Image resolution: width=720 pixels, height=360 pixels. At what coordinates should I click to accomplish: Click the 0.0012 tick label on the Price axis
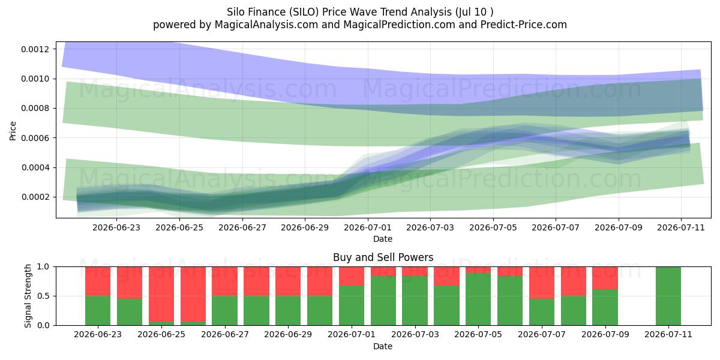[35, 49]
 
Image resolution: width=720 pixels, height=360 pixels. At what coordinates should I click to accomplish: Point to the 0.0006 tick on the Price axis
[35, 138]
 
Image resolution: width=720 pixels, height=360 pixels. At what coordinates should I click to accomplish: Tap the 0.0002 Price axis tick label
[35, 197]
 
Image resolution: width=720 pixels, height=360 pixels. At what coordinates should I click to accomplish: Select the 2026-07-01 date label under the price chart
[368, 227]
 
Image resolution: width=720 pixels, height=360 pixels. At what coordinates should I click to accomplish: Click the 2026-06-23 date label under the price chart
[116, 227]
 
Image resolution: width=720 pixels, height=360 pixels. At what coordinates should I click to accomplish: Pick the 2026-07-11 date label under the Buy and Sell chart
[668, 334]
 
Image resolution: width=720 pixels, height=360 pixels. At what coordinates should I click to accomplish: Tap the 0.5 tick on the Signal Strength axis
[43, 296]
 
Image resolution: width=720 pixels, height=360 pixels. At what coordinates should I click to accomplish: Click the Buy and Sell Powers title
[383, 257]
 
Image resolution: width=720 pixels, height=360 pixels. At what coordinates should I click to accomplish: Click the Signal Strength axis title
[28, 296]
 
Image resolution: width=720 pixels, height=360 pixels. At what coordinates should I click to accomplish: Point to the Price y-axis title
[13, 131]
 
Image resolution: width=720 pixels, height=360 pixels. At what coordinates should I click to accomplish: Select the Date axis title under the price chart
[383, 239]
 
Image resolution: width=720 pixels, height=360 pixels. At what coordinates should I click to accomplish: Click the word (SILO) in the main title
[304, 12]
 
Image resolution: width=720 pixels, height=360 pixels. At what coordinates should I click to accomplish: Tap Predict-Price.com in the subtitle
[524, 25]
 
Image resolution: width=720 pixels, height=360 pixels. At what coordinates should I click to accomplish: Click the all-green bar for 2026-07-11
[668, 296]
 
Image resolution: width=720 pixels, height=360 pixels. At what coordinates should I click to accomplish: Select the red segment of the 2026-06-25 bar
[161, 294]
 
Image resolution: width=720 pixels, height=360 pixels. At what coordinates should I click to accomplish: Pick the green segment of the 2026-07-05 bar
[478, 299]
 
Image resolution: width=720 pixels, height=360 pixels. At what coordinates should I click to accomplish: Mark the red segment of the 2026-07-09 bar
[605, 278]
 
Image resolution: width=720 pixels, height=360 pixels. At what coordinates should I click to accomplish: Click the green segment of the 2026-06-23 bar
[98, 311]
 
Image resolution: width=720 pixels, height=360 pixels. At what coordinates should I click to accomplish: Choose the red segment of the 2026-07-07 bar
[542, 283]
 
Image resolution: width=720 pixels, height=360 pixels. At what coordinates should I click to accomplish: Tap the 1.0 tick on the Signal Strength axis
[43, 267]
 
